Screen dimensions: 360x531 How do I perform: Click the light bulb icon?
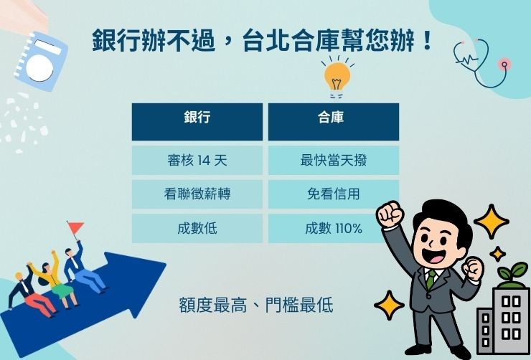point(337,76)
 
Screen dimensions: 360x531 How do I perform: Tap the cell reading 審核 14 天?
point(197,161)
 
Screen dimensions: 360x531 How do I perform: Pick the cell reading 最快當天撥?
point(333,161)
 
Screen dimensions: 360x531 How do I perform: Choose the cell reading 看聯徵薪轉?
point(197,194)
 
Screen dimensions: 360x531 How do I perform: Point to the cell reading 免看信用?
point(333,194)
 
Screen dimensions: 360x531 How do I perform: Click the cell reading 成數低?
point(197,229)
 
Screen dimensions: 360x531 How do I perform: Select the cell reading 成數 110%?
point(333,229)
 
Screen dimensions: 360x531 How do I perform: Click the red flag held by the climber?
point(75,228)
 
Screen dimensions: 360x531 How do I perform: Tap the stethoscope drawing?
point(482,61)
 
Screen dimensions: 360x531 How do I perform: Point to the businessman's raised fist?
point(390,214)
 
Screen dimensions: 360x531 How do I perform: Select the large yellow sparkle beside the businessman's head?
point(492,221)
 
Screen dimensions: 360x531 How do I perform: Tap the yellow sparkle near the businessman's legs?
point(390,305)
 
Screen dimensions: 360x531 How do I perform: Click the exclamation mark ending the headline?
point(428,41)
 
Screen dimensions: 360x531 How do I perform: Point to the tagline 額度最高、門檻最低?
point(256,305)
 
